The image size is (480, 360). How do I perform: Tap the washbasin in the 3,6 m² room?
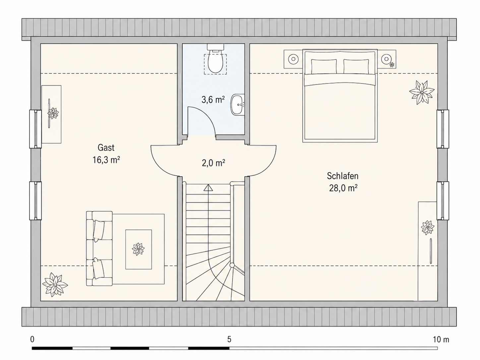coord(238,104)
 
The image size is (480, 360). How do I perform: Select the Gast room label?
coord(106,148)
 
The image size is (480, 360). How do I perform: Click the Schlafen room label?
coord(343,176)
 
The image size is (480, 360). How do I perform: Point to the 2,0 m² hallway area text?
coord(213,163)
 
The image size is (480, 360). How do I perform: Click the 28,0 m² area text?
coord(343,188)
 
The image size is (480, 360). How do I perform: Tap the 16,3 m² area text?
coord(106,160)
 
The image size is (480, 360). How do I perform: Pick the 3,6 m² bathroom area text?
coord(213,100)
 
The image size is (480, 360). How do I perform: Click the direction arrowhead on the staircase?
coord(208,188)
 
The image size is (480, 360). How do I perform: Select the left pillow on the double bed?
coord(324,66)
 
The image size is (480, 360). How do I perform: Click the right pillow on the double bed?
coord(356,66)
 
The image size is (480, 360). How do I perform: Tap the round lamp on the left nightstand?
coord(293,59)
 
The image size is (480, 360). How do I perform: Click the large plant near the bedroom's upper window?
coord(422,92)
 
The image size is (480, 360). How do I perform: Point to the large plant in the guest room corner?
coord(55,284)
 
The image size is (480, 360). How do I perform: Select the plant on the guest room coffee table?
coord(138,249)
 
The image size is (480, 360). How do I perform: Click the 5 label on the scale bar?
coord(229,339)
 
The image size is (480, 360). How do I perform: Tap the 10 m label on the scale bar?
coord(441,339)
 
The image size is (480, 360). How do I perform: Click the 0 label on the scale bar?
coord(32,339)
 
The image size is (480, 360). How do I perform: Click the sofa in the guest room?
coord(99,248)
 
